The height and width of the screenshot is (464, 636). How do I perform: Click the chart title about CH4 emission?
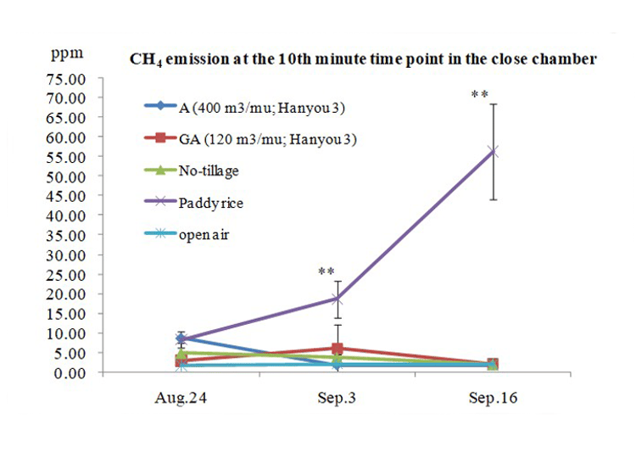363,59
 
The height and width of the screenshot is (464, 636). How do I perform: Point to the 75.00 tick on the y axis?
65,78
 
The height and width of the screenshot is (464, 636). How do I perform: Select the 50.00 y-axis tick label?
65,176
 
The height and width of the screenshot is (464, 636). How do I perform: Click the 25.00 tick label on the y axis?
65,275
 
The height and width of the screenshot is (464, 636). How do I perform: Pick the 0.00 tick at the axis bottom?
69,373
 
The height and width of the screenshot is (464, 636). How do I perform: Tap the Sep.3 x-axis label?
338,397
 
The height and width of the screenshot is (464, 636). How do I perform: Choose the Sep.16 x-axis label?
493,397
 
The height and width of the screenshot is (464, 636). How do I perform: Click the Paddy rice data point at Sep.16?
493,151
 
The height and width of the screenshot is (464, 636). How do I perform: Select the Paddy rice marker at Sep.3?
338,299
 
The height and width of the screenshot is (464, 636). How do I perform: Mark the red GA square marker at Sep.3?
338,349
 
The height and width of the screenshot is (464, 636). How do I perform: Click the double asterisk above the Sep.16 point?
479,95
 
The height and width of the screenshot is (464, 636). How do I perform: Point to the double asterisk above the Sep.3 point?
326,271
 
